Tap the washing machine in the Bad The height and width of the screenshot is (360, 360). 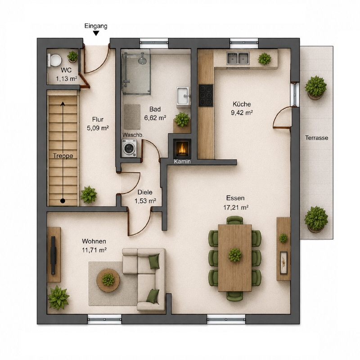pyautogui.click(x=129, y=148)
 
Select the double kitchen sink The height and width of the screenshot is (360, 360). pyautogui.click(x=238, y=58)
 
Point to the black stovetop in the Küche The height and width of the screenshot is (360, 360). pyautogui.click(x=206, y=95)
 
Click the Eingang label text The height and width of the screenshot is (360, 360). pyautogui.click(x=96, y=26)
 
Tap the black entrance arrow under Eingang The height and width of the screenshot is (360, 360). pyautogui.click(x=96, y=33)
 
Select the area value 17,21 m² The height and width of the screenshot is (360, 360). pyautogui.click(x=236, y=207)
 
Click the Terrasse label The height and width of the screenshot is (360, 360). pyautogui.click(x=316, y=138)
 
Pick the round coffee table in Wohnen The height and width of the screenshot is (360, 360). pyautogui.click(x=108, y=280)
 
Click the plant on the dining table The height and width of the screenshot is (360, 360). pyautogui.click(x=235, y=255)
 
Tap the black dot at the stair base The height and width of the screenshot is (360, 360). pyautogui.click(x=63, y=201)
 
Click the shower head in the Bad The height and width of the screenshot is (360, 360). pyautogui.click(x=142, y=60)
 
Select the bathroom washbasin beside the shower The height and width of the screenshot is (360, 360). pyautogui.click(x=184, y=96)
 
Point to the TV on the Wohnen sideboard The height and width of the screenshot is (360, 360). pyautogui.click(x=53, y=255)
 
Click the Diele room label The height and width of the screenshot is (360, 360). pyautogui.click(x=145, y=192)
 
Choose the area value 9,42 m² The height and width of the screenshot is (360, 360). pyautogui.click(x=242, y=113)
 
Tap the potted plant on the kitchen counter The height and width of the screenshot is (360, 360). pyautogui.click(x=265, y=59)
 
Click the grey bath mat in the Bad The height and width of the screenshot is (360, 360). pyautogui.click(x=132, y=117)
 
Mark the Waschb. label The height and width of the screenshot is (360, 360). pyautogui.click(x=133, y=135)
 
